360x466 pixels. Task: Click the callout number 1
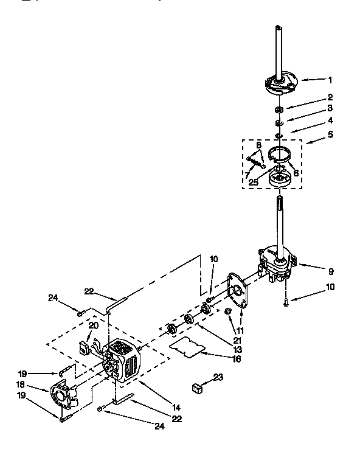pos(331,79)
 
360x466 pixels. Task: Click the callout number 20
pos(94,325)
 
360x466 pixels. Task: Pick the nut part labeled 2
pos(279,110)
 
